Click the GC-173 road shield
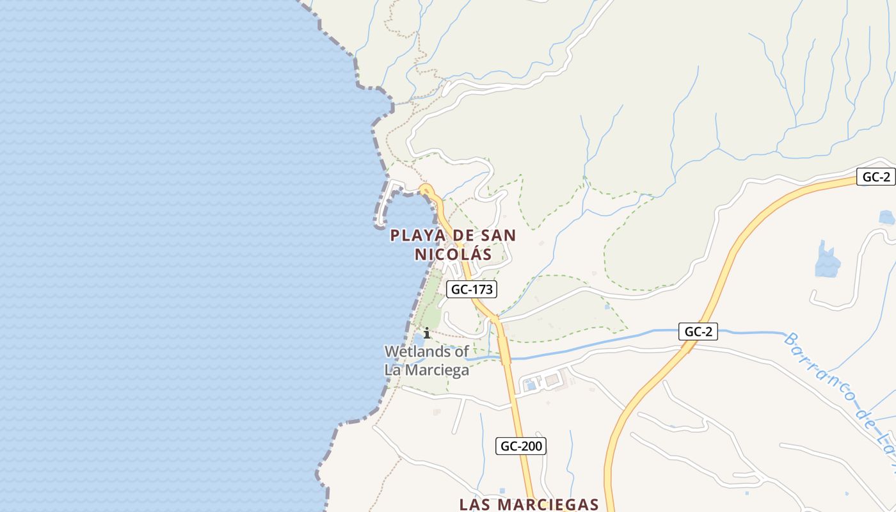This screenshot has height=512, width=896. point(472,289)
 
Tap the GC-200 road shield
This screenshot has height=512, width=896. point(521,446)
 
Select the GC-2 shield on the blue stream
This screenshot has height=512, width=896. point(698,332)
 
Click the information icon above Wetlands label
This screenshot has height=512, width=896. point(427,333)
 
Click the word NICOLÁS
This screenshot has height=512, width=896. point(453,254)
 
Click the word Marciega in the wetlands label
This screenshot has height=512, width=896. point(438,370)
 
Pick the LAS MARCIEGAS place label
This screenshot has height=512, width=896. point(529,504)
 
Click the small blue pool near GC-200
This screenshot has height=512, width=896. point(531,385)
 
